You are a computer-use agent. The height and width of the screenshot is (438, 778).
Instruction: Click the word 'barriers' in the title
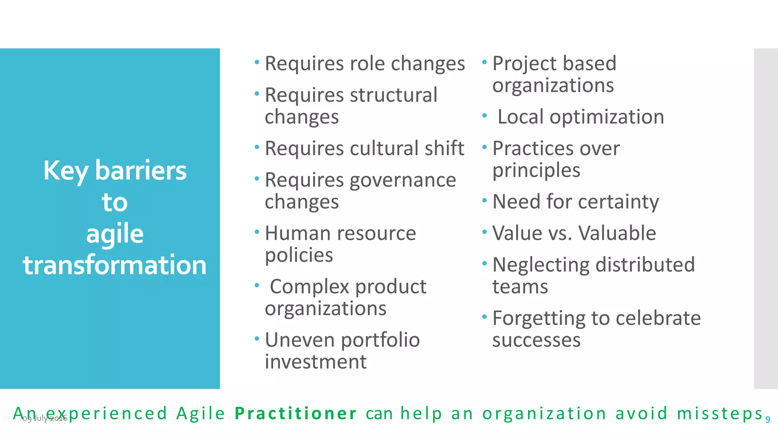(141, 170)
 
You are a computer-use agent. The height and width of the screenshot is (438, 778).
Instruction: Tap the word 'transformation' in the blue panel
(115, 265)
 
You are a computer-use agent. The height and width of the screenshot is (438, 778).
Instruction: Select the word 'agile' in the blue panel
(115, 234)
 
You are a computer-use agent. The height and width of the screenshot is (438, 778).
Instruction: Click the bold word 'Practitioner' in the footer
(296, 414)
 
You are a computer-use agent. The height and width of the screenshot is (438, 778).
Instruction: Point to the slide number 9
(768, 420)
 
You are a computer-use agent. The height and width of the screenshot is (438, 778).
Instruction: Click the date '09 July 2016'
(45, 419)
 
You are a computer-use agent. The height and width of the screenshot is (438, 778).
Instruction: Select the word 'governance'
(403, 180)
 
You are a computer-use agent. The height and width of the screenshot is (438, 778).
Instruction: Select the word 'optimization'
(607, 117)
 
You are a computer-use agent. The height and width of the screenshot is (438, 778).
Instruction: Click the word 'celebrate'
(658, 318)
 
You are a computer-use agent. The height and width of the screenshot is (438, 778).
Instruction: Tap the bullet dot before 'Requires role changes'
(257, 62)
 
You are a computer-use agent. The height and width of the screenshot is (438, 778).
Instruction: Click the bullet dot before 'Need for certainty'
(484, 200)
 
